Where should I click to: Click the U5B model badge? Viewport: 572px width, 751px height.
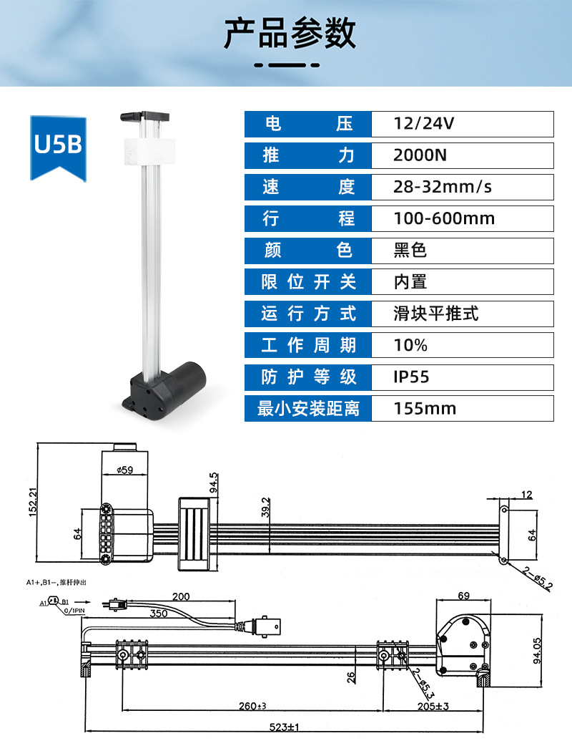pos(59,147)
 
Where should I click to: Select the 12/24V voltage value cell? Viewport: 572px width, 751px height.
pos(462,124)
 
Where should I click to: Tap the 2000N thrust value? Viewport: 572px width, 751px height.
pos(420,155)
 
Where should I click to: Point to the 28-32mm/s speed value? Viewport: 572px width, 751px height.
pos(443,187)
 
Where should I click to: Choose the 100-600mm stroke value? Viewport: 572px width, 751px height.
pos(444,218)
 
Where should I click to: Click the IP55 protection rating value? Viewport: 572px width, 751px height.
pos(411,377)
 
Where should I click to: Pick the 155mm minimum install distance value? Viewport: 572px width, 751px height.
pos(425,409)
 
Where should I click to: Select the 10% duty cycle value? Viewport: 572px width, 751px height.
pos(410,345)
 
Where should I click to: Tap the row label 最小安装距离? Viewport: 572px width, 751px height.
pos(308,409)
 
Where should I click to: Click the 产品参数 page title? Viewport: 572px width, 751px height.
pos(290,34)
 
